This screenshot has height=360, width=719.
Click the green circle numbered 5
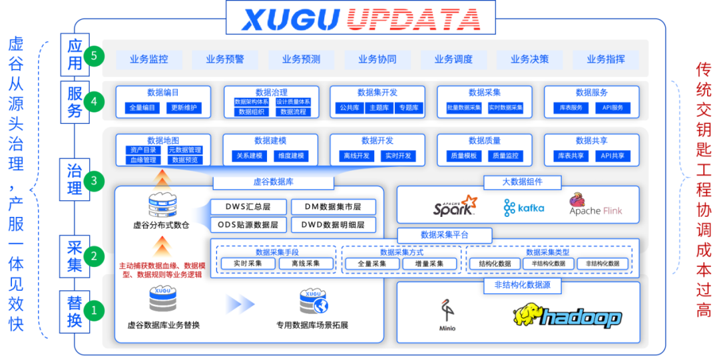94,56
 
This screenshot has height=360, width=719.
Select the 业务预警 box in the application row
225,59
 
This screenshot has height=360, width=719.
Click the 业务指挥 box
606,59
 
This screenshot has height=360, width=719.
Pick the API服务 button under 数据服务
612,107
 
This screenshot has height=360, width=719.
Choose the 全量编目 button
142,107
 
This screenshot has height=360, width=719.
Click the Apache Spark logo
455,206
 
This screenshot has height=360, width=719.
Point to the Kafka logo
524,208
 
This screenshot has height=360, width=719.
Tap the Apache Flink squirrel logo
577,200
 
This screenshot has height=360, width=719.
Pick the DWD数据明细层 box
334,224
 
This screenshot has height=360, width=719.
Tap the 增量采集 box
429,264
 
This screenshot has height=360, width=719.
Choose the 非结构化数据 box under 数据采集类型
602,264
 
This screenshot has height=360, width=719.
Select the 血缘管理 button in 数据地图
142,160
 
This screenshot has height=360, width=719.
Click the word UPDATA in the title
413,19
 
